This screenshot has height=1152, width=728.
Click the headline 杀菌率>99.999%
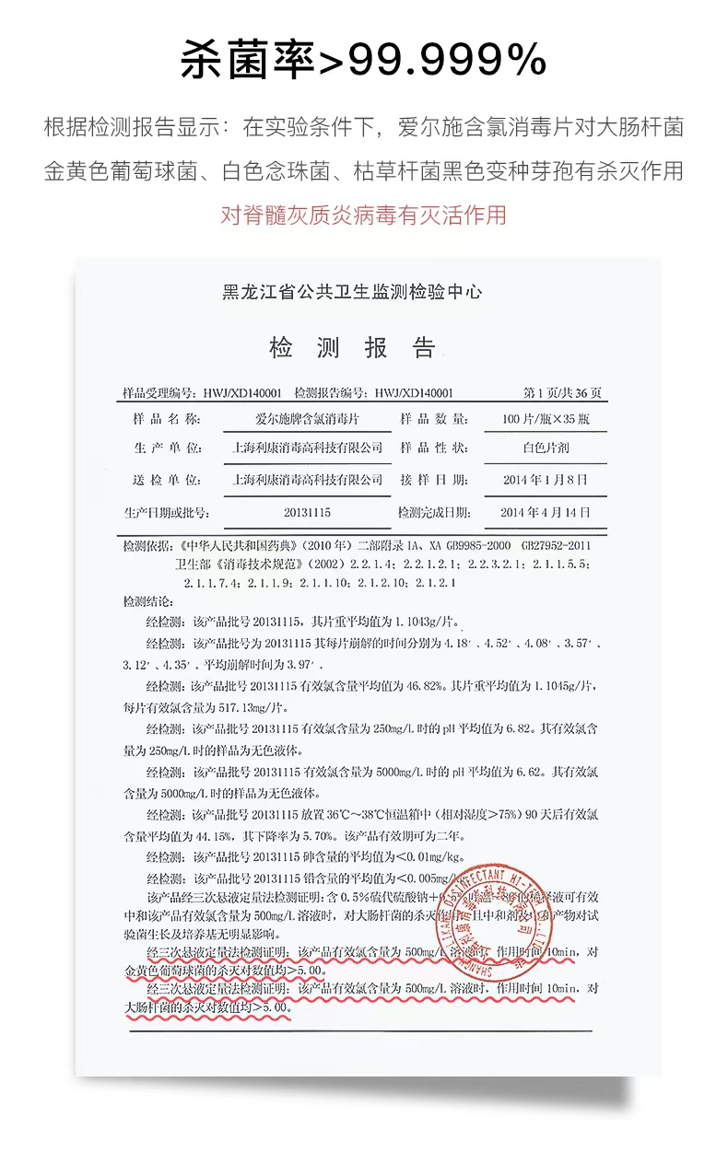tap(363, 60)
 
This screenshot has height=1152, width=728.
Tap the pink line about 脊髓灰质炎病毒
tap(363, 215)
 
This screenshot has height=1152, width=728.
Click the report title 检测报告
tap(351, 347)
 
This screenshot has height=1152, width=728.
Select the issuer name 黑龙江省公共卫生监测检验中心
tap(352, 293)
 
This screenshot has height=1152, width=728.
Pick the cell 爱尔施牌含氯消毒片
tap(307, 419)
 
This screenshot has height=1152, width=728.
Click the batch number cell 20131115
tap(307, 512)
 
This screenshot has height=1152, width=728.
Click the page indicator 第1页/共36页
tap(562, 392)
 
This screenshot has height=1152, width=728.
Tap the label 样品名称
tap(167, 419)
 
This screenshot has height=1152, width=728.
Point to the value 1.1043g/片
tap(417, 621)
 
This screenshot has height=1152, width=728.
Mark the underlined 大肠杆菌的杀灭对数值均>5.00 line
tap(207, 1007)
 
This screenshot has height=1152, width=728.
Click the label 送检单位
tap(167, 480)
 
